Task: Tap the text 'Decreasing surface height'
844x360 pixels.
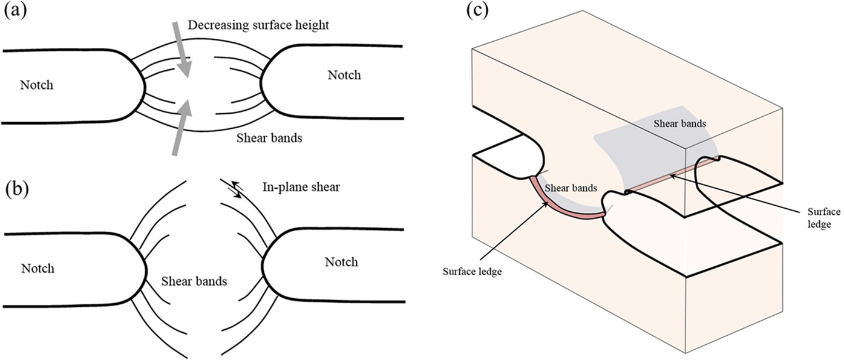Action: [x=262, y=25]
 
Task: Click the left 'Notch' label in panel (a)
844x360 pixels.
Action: [x=36, y=85]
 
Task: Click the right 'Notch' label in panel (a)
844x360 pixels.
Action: [x=344, y=75]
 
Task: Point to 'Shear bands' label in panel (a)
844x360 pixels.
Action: [x=270, y=138]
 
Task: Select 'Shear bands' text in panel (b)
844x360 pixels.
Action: [x=194, y=281]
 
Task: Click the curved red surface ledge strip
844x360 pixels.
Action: [x=557, y=205]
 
